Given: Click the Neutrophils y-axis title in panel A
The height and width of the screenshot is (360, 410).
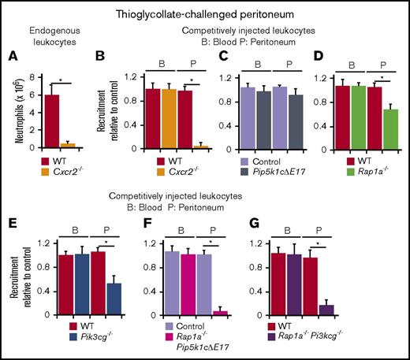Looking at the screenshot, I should click(19, 112).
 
